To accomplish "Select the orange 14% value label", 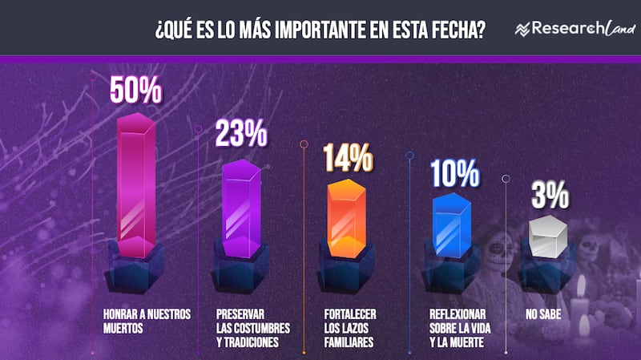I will (x=347, y=156).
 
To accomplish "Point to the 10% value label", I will (x=454, y=173).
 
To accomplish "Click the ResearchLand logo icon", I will (x=524, y=30).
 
